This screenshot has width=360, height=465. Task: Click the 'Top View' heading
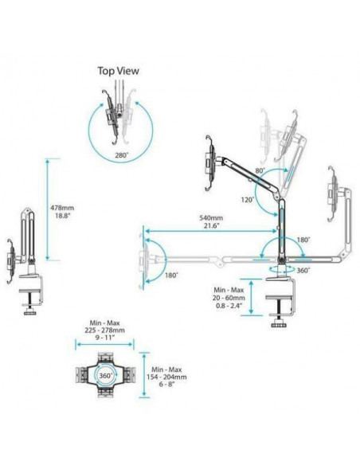pyautogui.click(x=119, y=71)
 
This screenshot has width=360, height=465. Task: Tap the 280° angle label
pyautogui.click(x=122, y=154)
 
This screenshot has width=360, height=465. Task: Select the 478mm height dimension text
pyautogui.click(x=63, y=208)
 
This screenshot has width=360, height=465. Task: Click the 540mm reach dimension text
pyautogui.click(x=211, y=218)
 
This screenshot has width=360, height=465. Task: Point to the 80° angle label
pyautogui.click(x=260, y=171)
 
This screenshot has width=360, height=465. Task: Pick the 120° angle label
pyautogui.click(x=248, y=200)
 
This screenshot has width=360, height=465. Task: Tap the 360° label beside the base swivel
pyautogui.click(x=303, y=270)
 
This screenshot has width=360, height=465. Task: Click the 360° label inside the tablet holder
pyautogui.click(x=106, y=376)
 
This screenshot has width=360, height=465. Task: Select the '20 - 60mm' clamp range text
pyautogui.click(x=229, y=298)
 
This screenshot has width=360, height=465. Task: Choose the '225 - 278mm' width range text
pyautogui.click(x=104, y=330)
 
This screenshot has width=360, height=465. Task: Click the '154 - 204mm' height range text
pyautogui.click(x=166, y=377)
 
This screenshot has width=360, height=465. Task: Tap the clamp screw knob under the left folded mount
pyautogui.click(x=29, y=313)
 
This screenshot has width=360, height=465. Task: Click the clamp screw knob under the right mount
pyautogui.click(x=279, y=323)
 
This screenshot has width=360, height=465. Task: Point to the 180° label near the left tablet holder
pyautogui.click(x=171, y=275)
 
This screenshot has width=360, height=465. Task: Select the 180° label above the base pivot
pyautogui.click(x=303, y=240)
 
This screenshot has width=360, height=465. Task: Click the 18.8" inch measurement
pyautogui.click(x=63, y=216)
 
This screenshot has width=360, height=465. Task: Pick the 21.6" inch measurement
pyautogui.click(x=211, y=225)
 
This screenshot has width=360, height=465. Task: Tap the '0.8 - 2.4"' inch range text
pyautogui.click(x=229, y=306)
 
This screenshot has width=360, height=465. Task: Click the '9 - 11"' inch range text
pyautogui.click(x=104, y=338)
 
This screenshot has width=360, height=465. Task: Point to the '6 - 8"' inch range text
pyautogui.click(x=166, y=385)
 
